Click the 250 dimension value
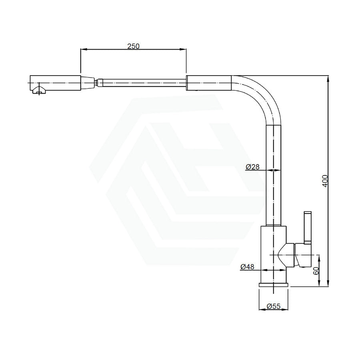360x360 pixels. pos(133,46)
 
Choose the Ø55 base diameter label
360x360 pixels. pos(273,306)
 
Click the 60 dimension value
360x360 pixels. pos(316,270)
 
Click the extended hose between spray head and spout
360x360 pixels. pos(142,83)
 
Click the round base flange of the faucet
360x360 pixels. pos(273,285)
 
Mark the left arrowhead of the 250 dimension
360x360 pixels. pos(82,50)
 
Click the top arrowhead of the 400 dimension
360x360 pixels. pos(328,78)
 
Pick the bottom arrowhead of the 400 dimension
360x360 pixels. pos(328,284)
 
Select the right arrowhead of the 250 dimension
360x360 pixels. pos(184,50)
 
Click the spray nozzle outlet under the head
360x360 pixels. pos(39,91)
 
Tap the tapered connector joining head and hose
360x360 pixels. pos(89,83)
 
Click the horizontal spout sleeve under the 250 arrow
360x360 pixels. pos(209,83)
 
